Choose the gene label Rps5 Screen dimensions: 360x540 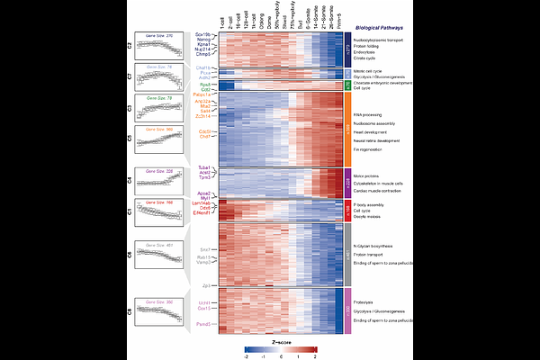tap(206, 85)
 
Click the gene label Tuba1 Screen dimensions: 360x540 tap(206, 167)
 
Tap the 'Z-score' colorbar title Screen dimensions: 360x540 tap(280, 342)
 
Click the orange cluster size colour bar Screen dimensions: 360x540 tap(348, 130)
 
